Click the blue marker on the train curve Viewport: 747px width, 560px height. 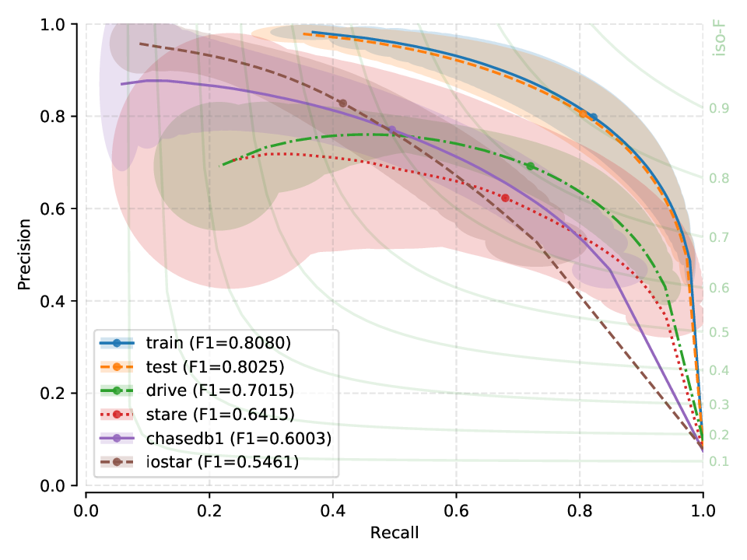(x=593, y=117)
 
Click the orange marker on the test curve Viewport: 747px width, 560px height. (x=582, y=114)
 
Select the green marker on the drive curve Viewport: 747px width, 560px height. (x=530, y=166)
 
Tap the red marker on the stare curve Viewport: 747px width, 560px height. (x=506, y=198)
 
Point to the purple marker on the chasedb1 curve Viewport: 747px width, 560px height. (x=392, y=130)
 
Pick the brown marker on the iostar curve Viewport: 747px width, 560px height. (x=342, y=103)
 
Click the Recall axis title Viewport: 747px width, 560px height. (x=395, y=533)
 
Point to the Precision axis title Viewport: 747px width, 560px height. (x=25, y=255)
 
